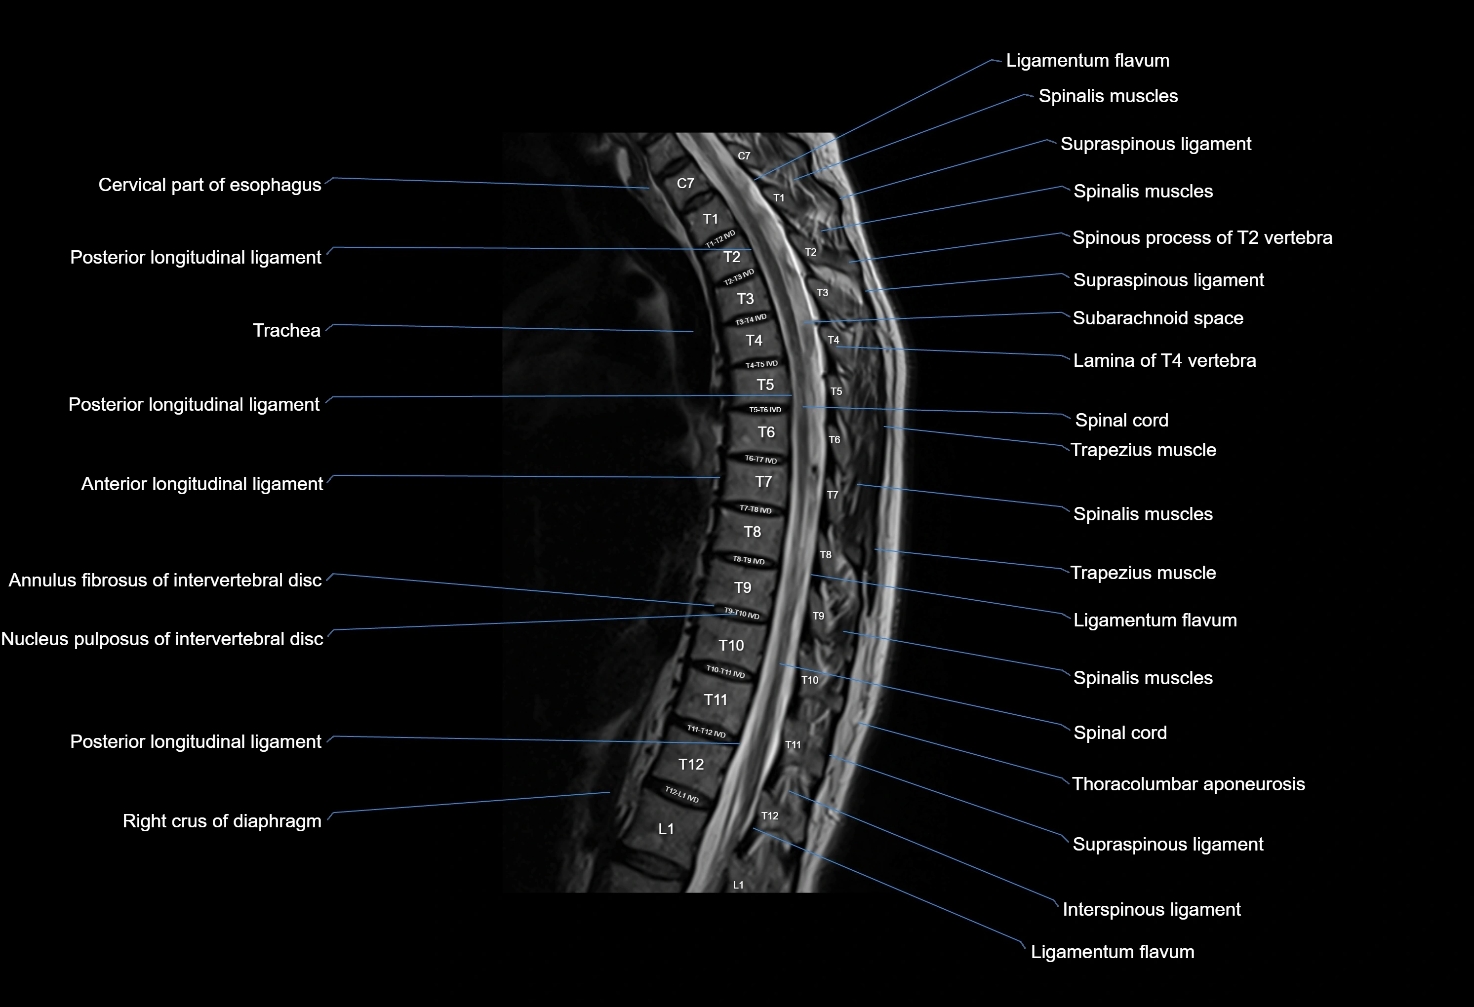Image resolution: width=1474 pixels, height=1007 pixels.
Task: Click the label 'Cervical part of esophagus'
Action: (209, 185)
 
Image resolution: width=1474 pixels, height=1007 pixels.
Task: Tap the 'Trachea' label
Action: (287, 330)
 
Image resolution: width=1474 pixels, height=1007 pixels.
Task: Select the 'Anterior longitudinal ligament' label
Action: (201, 484)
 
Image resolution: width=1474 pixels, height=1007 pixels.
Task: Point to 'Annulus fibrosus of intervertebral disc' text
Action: (165, 580)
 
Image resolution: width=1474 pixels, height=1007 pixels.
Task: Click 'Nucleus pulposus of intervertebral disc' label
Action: (162, 639)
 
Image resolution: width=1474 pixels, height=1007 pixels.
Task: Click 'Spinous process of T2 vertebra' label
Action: (1202, 238)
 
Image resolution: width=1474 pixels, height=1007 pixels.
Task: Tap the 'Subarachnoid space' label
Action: (1157, 318)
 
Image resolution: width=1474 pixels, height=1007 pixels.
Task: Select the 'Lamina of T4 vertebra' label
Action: (1164, 361)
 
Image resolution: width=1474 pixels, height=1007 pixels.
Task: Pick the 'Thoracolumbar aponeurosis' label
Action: (1188, 784)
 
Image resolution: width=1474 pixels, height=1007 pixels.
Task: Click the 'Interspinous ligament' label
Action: (1151, 909)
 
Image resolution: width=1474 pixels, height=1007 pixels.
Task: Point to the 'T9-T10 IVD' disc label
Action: (741, 613)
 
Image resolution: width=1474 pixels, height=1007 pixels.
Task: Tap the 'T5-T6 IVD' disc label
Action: (765, 410)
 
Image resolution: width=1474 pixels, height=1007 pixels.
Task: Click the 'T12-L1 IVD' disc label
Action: (682, 795)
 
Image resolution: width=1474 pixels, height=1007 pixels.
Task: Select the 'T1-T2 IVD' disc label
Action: (720, 239)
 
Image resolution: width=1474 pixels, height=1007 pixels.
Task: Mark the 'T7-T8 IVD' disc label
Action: (756, 509)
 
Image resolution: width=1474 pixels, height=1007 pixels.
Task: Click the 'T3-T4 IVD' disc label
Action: (751, 319)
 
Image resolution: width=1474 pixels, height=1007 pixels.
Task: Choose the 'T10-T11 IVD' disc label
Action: (725, 671)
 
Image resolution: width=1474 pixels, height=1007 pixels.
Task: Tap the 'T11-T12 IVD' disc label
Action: (707, 732)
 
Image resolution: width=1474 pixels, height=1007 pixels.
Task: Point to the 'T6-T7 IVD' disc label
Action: (760, 459)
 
